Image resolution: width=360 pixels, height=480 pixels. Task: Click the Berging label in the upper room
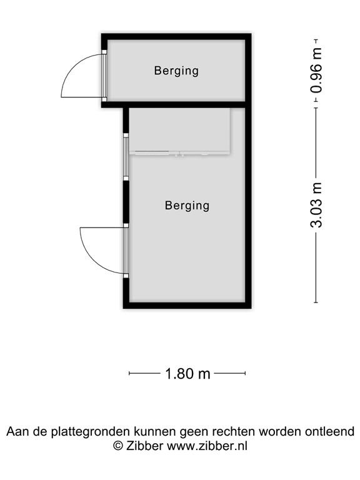(176, 71)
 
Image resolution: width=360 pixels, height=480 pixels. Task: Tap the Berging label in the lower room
(187, 205)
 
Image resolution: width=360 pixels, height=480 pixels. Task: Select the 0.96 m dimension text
(317, 71)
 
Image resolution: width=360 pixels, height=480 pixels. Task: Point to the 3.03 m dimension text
(317, 205)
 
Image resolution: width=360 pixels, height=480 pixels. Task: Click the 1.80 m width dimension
(187, 374)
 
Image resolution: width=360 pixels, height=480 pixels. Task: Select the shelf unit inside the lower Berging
(180, 131)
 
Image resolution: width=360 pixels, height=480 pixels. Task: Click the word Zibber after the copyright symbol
(144, 446)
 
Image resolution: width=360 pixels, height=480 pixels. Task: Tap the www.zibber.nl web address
(207, 446)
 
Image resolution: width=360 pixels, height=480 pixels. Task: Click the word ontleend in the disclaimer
(332, 431)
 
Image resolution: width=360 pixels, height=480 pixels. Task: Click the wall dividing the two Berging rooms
(176, 104)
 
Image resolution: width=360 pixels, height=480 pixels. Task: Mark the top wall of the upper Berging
(176, 36)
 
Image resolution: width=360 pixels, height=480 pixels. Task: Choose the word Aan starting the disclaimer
(16, 431)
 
